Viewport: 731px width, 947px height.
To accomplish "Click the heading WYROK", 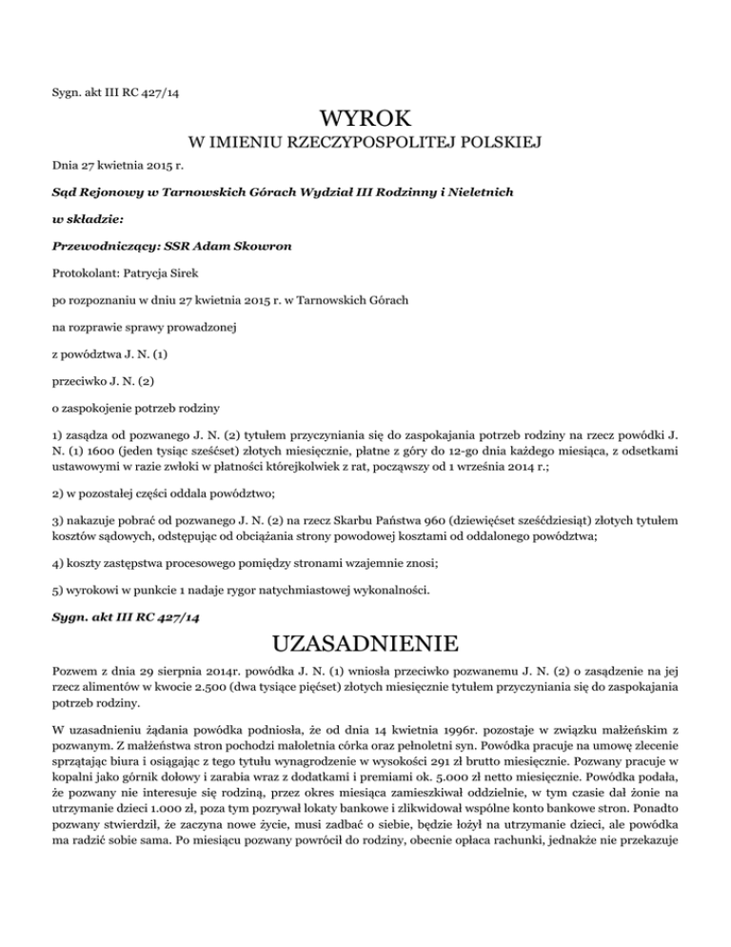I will [x=365, y=121].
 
